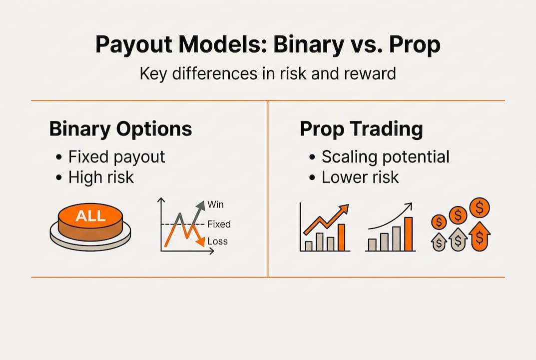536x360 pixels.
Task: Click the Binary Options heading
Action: coord(120,129)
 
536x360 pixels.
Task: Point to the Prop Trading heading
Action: coord(361,129)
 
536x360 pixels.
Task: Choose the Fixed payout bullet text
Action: coord(116,156)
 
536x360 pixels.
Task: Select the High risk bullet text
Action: coord(101,177)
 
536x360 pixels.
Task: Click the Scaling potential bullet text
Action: coord(385,156)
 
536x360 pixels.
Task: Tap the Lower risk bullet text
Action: coord(360,177)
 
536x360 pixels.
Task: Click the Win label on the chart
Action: coord(216,204)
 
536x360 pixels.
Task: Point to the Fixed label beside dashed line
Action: coord(219,224)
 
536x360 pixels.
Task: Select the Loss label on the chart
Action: coord(217,241)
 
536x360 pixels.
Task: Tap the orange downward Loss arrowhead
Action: coord(200,241)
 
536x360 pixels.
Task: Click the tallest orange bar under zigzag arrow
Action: coord(342,237)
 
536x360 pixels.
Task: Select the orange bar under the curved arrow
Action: coord(408,234)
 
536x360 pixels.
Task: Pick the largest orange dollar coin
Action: coord(480,206)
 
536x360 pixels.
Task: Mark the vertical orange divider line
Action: coord(268,188)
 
